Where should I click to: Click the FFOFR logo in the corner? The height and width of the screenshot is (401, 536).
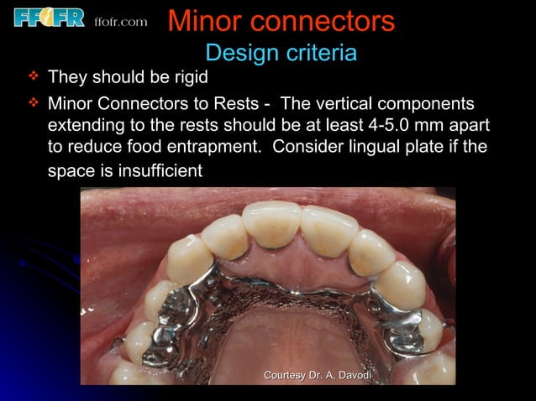coord(49,17)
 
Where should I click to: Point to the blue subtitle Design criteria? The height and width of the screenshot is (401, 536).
coord(281,53)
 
